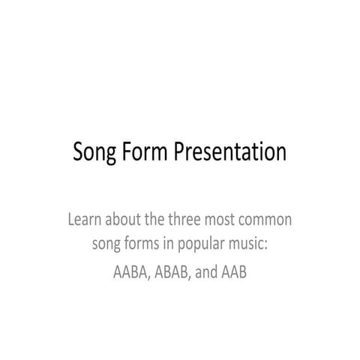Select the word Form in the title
pos(147,152)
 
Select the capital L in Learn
pos(70,221)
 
